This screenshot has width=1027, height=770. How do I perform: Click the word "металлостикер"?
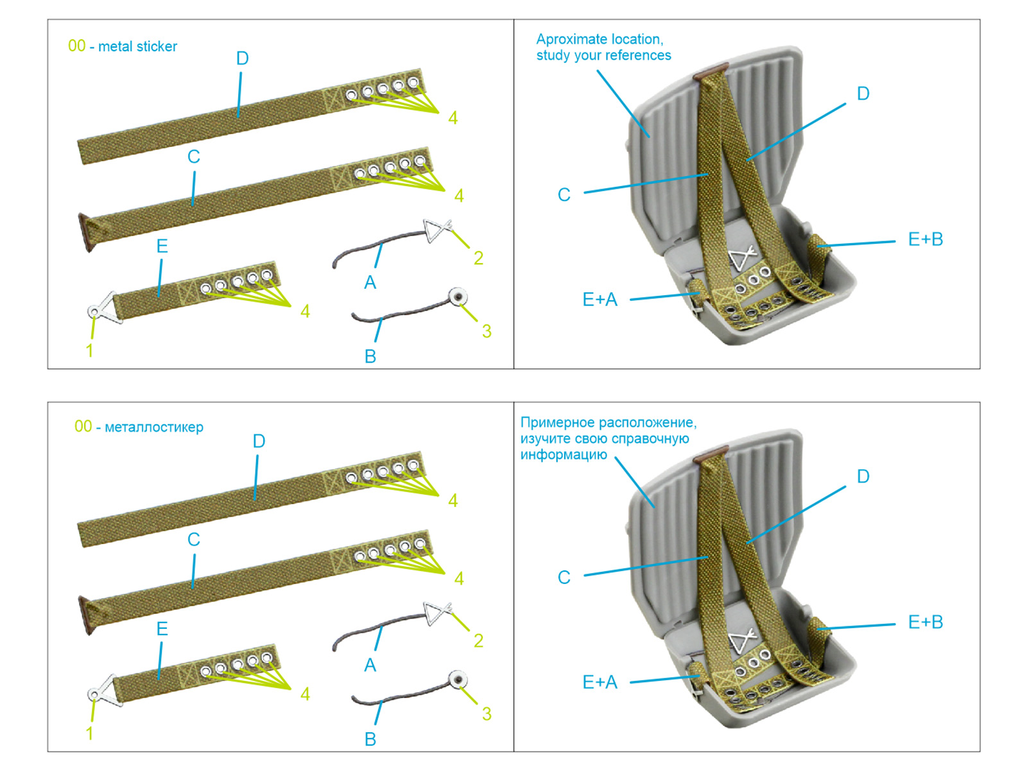(x=154, y=427)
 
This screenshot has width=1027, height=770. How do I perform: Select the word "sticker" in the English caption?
(x=157, y=46)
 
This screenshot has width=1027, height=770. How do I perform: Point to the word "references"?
(x=639, y=55)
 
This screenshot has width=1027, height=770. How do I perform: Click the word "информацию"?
(x=564, y=454)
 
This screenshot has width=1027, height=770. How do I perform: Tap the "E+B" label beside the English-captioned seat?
(x=925, y=239)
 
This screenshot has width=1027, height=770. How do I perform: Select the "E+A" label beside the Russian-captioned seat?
(x=600, y=682)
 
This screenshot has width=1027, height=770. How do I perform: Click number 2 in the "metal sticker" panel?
(x=478, y=258)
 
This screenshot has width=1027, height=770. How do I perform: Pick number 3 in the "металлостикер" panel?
(x=487, y=714)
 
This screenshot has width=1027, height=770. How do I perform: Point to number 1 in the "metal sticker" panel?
(x=90, y=350)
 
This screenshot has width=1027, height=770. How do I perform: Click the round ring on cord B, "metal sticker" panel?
(x=458, y=297)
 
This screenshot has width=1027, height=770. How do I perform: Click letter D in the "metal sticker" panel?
(x=242, y=58)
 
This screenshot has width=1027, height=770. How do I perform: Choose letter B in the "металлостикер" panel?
(x=370, y=739)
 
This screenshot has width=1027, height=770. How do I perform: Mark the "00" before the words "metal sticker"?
(x=76, y=46)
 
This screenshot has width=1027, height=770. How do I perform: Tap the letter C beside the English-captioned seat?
(x=564, y=194)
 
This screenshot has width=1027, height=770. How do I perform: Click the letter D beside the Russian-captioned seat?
(x=863, y=476)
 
